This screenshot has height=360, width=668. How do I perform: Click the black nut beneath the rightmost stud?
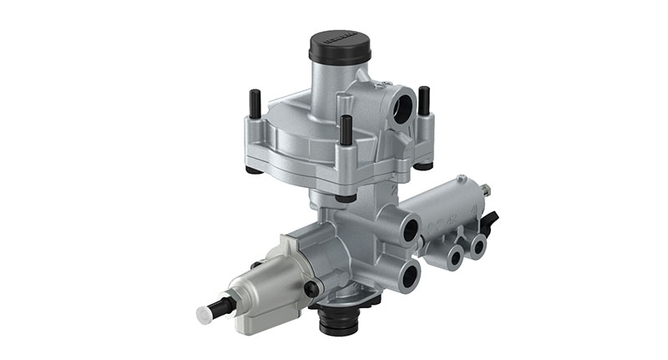click(x=424, y=165)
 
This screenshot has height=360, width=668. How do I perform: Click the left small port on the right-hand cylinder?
click(x=455, y=256)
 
